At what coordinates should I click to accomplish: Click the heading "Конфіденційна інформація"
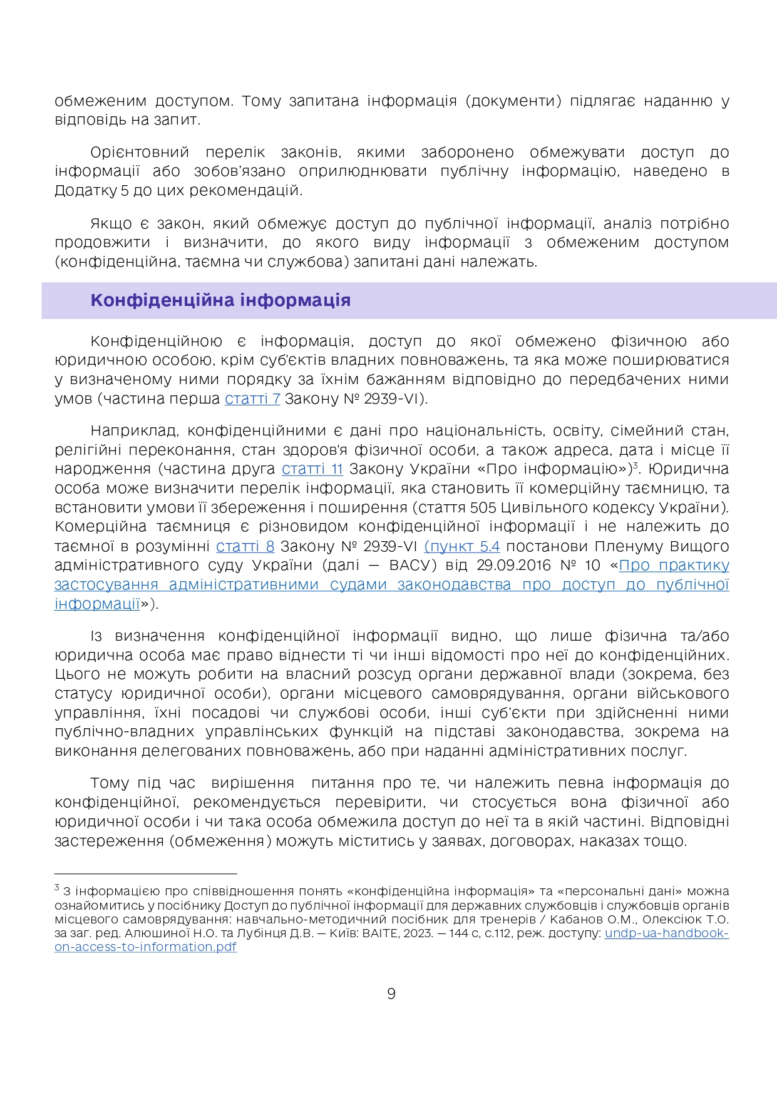tap(220, 300)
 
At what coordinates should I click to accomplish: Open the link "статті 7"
tap(252, 399)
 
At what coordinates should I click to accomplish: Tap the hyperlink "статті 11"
tap(312, 469)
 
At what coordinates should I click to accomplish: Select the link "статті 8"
tap(245, 546)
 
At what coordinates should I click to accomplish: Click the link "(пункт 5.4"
tap(462, 546)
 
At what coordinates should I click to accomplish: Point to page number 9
tap(391, 994)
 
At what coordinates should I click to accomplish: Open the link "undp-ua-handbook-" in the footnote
tap(666, 933)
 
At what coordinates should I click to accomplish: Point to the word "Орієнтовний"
tap(140, 153)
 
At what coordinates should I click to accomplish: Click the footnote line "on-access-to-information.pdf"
tap(145, 947)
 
